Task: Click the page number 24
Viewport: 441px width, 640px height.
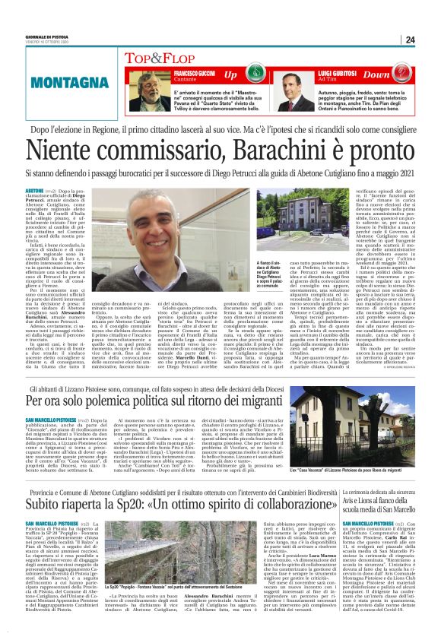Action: pyautogui.click(x=411, y=40)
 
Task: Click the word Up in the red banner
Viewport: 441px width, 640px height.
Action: pyautogui.click(x=230, y=74)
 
